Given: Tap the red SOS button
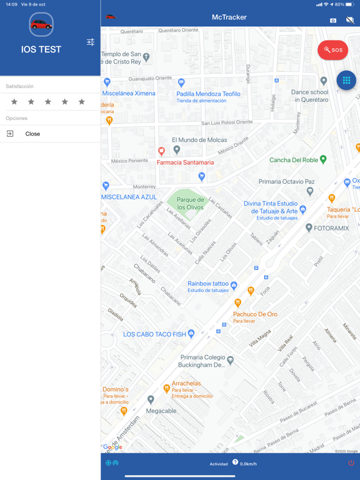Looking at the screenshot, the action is point(332,50).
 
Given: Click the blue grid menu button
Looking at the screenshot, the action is point(346,80).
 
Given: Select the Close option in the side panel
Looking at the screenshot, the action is point(32,134).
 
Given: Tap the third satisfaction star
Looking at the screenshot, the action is point(48,101).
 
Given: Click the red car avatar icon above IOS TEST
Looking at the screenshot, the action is point(41,25).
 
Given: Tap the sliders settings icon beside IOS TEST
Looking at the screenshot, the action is point(91,42).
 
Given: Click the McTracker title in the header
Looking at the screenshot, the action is point(229,17).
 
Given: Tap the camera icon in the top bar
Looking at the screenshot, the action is point(333,21).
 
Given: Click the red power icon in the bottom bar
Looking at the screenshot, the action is point(351,463).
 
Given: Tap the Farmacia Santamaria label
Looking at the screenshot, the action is point(185,162).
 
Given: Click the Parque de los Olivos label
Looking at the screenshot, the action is point(191,204).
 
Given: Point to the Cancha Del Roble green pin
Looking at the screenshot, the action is point(323,159).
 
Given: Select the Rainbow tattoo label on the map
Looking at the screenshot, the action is point(208,284).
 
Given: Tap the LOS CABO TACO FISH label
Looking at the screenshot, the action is point(154,334).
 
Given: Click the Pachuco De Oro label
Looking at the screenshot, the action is point(255,314).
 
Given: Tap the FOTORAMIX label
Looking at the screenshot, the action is point(331,228).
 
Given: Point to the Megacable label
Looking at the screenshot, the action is point(161,411).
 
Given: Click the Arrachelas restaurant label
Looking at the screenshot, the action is point(186,384).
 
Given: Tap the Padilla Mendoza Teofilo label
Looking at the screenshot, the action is point(208,94).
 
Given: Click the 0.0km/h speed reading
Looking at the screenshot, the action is point(248,464).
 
